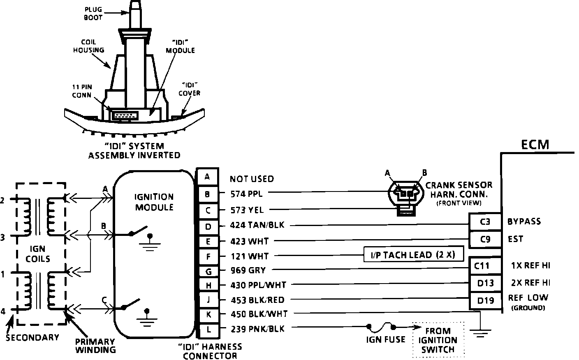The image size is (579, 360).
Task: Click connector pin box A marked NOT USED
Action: click(x=208, y=177)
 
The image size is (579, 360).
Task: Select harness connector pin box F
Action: click(x=208, y=256)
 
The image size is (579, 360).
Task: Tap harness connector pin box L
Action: click(x=208, y=329)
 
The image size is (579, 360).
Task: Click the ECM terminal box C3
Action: click(x=485, y=222)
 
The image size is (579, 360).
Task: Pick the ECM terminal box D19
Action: click(x=485, y=301)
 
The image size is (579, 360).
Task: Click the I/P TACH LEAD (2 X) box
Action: click(x=413, y=255)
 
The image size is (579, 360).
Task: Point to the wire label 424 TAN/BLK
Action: click(x=257, y=225)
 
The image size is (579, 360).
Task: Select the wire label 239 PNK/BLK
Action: click(x=257, y=329)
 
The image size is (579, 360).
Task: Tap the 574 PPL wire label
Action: click(x=247, y=193)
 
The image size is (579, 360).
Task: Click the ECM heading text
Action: click(x=535, y=145)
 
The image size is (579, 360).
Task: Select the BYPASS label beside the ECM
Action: click(x=524, y=222)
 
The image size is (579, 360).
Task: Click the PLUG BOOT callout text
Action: click(x=93, y=14)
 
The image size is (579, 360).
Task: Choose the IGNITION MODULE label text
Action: click(x=154, y=202)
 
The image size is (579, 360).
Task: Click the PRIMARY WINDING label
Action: click(x=95, y=345)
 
